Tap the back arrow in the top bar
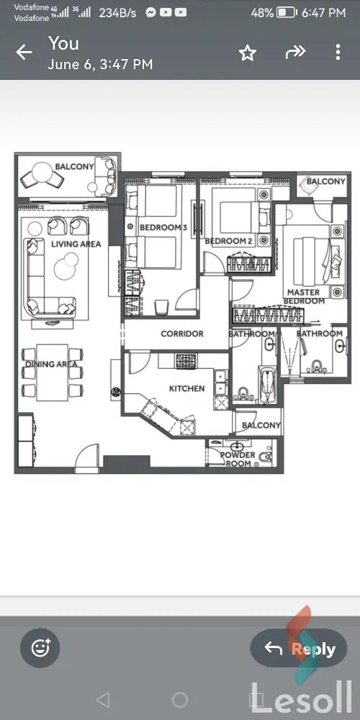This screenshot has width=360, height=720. point(24,52)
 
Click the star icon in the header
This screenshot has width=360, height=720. point(247,53)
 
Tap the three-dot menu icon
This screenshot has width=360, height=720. point(338,52)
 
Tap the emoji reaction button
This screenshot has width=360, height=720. point(40,647)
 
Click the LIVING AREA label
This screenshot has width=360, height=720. point(76,244)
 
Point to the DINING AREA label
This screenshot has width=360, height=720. point(51,364)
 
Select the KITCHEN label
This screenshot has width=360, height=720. point(186,389)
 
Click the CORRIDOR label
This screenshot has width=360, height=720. point(181,334)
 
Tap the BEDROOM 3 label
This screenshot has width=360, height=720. point(163,228)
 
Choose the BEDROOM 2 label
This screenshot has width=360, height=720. point(228,241)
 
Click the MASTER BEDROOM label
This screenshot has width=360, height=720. point(303,297)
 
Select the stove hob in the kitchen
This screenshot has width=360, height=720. point(186,361)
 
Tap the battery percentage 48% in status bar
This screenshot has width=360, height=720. point(262,13)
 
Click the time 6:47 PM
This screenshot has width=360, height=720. point(324,13)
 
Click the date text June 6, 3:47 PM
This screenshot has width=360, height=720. point(100,65)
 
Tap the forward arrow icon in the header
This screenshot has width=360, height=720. point(295,52)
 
